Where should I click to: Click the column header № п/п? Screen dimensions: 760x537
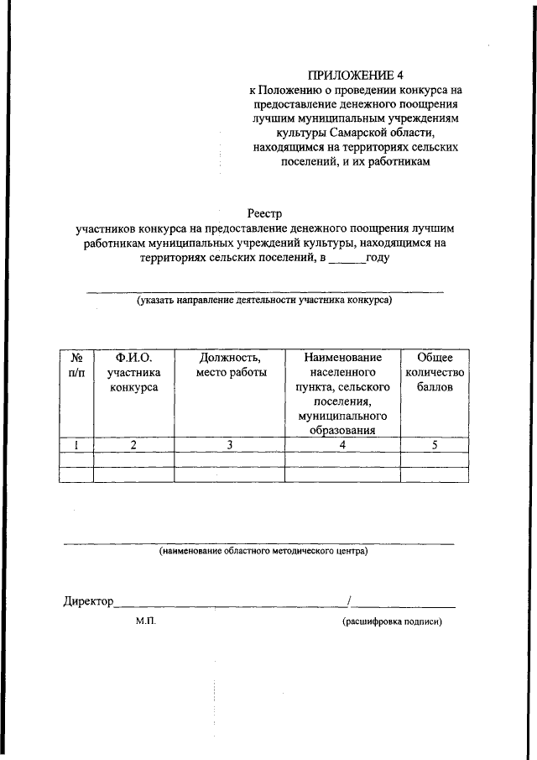76,365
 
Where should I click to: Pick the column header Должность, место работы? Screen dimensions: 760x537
229,365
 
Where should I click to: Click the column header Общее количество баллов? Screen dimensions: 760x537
434,373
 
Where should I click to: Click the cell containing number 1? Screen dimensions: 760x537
76,445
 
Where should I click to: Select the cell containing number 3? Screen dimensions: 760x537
229,445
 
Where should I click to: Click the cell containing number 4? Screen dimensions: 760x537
341,445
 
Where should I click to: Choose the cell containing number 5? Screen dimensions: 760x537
434,445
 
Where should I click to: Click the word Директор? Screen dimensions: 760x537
87,601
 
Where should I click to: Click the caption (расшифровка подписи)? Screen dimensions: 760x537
391,622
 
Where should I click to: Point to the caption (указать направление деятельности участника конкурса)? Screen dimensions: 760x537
264,300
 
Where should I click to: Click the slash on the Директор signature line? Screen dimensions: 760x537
349,600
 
